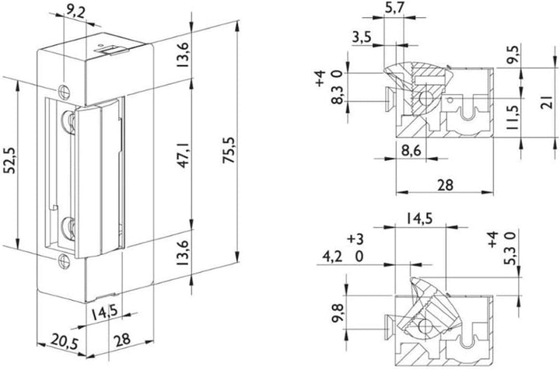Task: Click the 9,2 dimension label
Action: [x=75, y=12]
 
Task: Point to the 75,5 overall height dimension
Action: [x=229, y=150]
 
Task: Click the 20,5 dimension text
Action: [x=65, y=341]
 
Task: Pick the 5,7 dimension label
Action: [x=394, y=8]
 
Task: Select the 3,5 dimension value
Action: [x=362, y=37]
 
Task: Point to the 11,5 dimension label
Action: [x=513, y=117]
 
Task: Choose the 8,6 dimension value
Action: [x=411, y=150]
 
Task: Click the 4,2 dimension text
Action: [x=333, y=257]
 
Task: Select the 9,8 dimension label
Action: [x=338, y=313]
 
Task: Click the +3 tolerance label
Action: [x=355, y=239]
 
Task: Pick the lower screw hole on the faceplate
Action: [x=64, y=261]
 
